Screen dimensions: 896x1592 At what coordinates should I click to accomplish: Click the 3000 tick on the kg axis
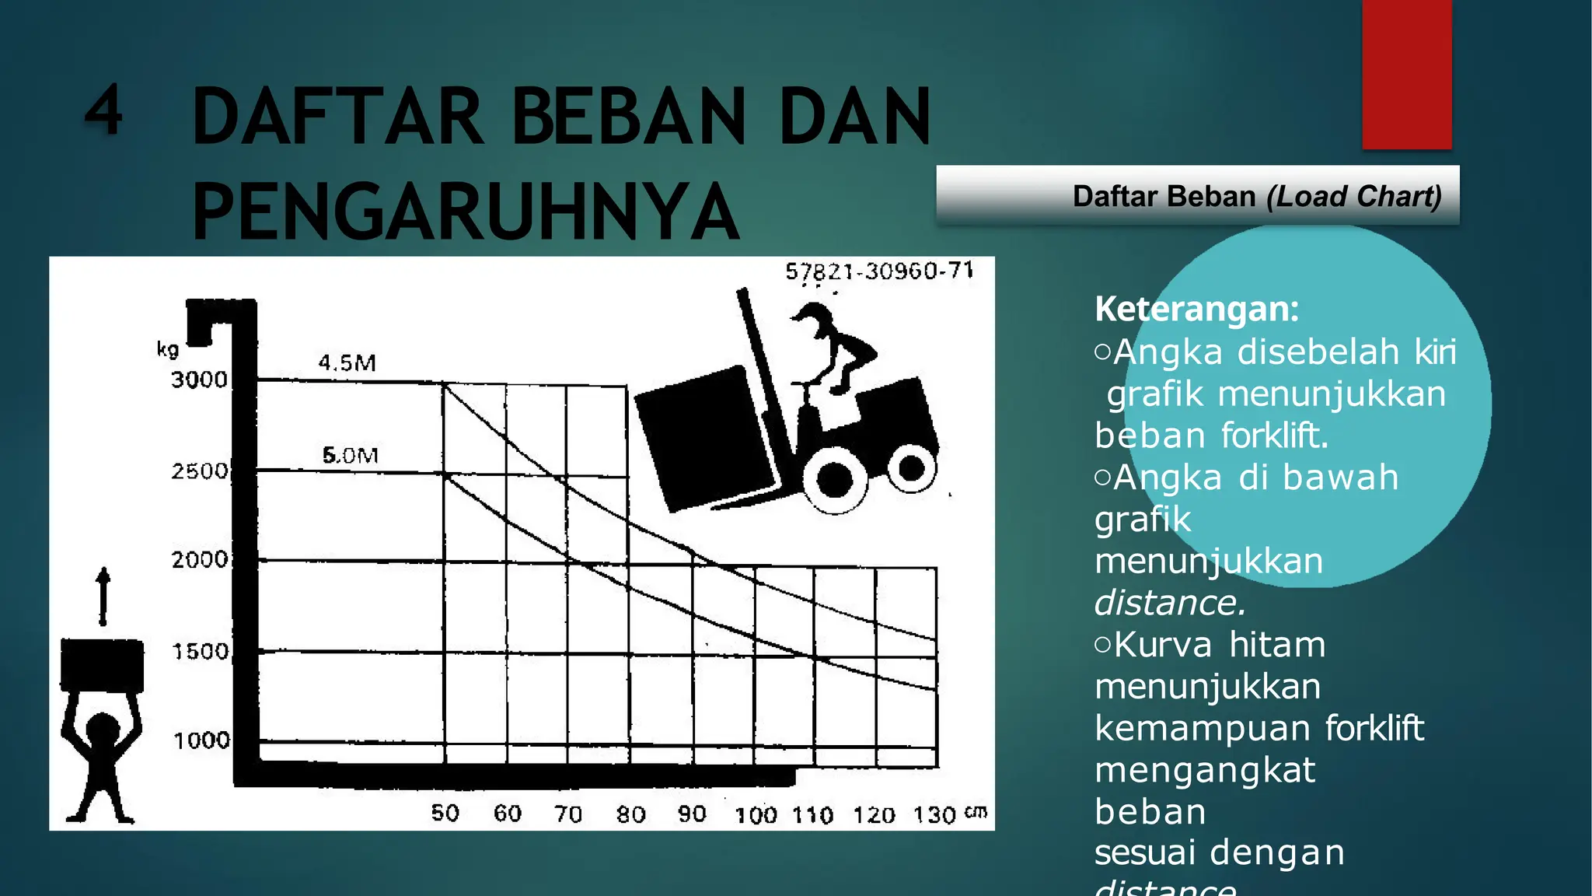click(x=199, y=380)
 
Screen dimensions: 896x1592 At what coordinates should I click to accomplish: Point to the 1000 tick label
click(x=201, y=740)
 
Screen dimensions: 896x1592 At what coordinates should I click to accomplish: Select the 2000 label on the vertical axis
click(x=200, y=559)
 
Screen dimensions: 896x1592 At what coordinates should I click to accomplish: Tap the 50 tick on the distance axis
click(x=445, y=813)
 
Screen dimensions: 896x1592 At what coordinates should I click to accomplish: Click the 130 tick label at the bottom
click(x=934, y=815)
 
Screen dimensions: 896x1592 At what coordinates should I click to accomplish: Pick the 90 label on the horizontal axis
click(x=692, y=814)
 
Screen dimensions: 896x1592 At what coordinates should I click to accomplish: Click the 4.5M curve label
click(x=347, y=362)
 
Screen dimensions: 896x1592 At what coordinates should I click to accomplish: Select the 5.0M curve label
click(x=350, y=455)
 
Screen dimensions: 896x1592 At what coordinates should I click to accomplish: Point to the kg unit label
click(x=168, y=349)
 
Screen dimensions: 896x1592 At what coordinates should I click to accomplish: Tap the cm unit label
click(x=976, y=812)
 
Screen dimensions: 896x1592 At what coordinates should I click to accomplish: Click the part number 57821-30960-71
click(x=879, y=271)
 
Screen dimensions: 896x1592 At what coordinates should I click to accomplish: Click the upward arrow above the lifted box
click(x=103, y=597)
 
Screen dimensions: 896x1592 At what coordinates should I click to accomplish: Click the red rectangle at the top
click(x=1406, y=75)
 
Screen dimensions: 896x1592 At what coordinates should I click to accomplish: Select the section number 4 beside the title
click(x=103, y=109)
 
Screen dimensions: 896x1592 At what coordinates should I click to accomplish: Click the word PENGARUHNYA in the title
click(x=465, y=212)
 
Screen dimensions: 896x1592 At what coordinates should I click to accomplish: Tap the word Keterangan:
click(x=1196, y=309)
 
